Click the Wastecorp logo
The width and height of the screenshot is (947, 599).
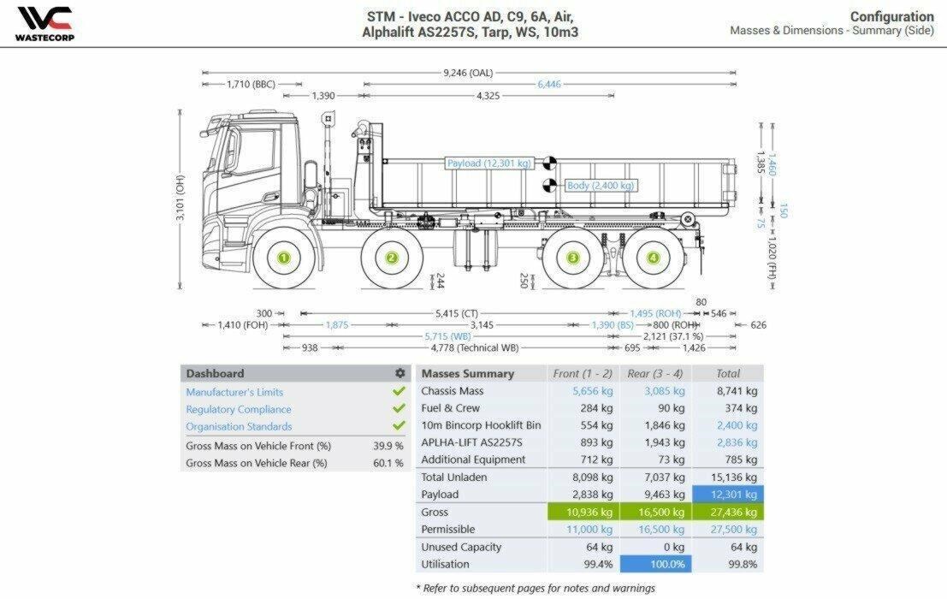44,24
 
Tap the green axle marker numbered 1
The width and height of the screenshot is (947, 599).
284,258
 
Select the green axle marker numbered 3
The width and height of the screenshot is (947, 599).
572,258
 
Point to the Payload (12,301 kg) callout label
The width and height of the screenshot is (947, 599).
488,163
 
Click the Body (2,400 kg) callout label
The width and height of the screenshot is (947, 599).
601,186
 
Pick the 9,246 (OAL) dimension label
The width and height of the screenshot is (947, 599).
468,73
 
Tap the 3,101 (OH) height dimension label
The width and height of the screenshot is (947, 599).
180,198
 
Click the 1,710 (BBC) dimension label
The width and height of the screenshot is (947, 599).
251,84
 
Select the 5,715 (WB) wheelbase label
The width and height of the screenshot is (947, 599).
447,336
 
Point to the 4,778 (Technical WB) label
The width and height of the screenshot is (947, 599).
475,347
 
